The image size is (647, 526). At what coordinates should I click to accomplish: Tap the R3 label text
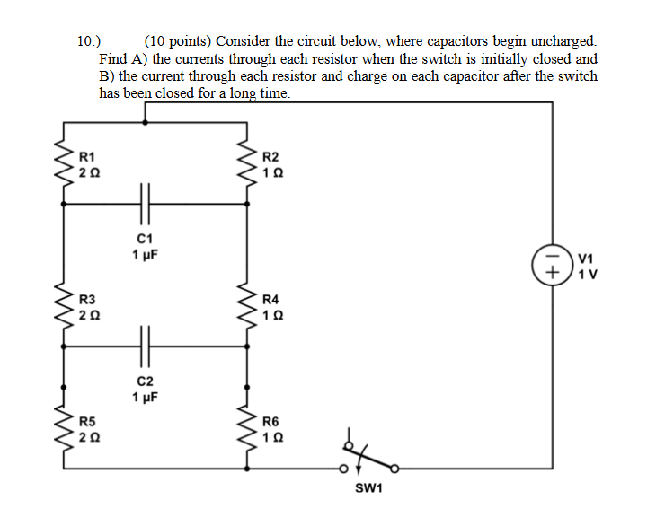coord(87,299)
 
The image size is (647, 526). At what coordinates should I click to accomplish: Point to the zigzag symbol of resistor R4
coord(246,306)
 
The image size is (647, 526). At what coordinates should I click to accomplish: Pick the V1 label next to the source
coord(587,257)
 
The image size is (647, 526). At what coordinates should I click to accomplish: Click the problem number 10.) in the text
coord(90,41)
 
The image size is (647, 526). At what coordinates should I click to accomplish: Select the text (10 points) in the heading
coord(178,41)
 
